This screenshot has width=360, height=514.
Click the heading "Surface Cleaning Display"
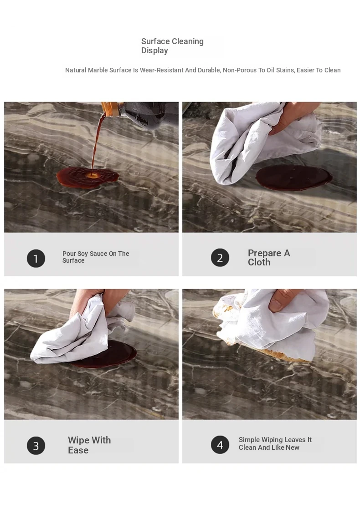point(172,46)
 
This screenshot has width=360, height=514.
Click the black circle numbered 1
point(36,258)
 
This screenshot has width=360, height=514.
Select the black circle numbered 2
point(220,258)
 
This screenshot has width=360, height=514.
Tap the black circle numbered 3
point(36,446)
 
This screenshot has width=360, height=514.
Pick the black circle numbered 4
point(220,444)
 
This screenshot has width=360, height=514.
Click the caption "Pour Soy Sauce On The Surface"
point(96,257)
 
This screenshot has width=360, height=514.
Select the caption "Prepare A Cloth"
point(269,258)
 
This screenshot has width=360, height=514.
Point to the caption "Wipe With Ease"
point(89,445)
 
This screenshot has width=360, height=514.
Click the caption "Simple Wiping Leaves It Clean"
point(275,443)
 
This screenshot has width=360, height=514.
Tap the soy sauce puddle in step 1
point(87,178)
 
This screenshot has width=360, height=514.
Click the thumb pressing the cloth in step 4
point(279,301)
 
